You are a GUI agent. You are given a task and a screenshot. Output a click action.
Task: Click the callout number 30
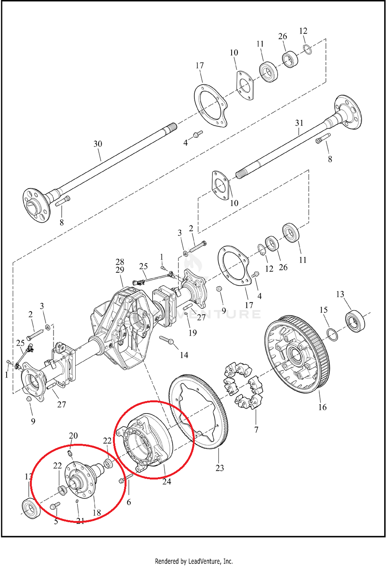point(98,144)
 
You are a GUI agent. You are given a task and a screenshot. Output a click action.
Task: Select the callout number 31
point(299,123)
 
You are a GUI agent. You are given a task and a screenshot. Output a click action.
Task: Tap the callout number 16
point(322,407)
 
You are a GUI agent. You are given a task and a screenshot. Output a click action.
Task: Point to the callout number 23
point(220,468)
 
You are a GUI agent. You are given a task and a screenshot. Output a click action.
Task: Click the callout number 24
point(166,481)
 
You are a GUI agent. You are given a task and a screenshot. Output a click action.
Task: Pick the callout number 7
point(256,429)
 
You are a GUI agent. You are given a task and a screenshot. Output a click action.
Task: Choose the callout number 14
point(184,355)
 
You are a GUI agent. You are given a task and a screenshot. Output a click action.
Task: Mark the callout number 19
point(192,332)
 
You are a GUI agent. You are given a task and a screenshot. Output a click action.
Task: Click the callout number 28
point(120,262)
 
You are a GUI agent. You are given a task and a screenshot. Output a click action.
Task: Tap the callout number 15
point(324,310)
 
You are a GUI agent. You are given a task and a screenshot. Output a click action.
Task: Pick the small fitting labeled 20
point(70,453)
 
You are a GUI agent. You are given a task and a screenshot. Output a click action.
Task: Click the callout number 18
point(96,512)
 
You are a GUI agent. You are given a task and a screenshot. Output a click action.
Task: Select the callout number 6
point(129,502)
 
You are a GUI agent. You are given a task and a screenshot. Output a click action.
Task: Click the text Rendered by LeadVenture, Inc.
point(194,561)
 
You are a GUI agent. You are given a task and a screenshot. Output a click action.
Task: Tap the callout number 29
point(120,270)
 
